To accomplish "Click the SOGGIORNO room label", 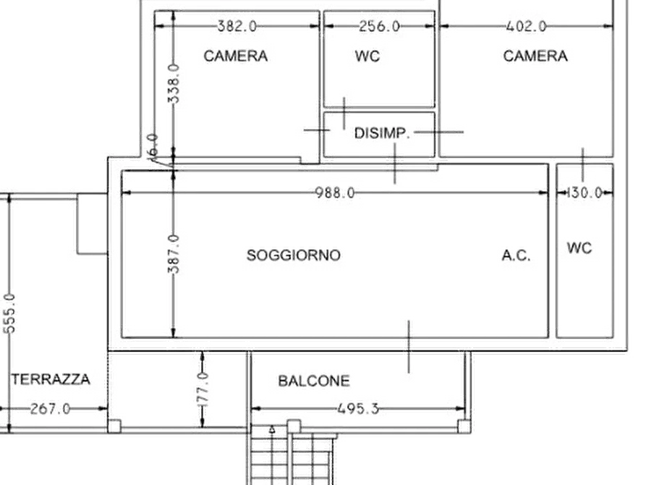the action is (x=293, y=256).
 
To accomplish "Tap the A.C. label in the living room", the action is (x=516, y=256).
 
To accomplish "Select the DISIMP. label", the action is (x=382, y=133).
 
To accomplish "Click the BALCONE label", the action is (x=314, y=381).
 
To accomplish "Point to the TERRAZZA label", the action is (x=50, y=379).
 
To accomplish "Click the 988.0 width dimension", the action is (x=334, y=193).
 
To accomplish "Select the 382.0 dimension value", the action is (x=237, y=26).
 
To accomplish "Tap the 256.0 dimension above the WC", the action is (x=379, y=26).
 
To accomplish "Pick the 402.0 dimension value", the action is (x=526, y=26).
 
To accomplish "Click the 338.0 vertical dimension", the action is (x=174, y=84).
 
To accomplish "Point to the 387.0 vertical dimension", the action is (x=174, y=254).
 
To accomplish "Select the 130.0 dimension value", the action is (x=585, y=193).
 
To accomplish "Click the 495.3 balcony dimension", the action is (x=357, y=409).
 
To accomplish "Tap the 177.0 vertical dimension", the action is (x=203, y=389).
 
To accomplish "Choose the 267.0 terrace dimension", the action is (x=50, y=409).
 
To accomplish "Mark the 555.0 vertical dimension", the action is (x=9, y=313).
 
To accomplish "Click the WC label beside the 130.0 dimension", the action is (x=579, y=248).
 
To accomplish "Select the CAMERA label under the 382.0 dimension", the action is (x=236, y=56).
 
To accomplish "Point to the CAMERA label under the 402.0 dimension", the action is (x=535, y=56).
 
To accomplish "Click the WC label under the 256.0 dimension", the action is (x=367, y=56).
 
